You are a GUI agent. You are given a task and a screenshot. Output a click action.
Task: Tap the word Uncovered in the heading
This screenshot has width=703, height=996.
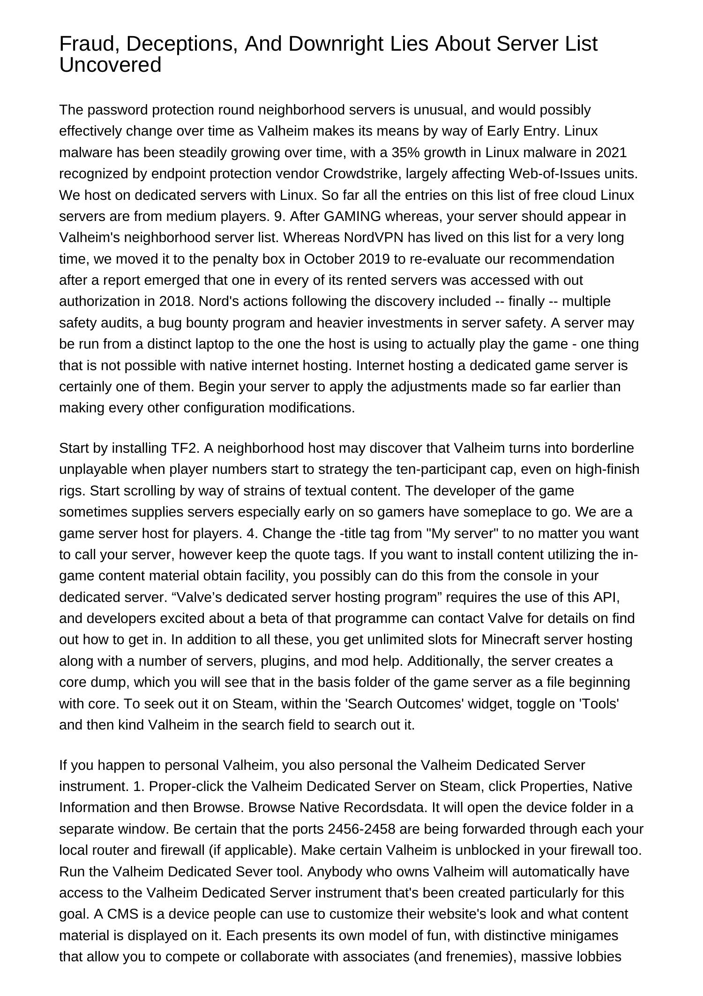pos(110,65)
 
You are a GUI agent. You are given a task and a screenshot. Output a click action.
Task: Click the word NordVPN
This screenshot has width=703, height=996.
pos(374,237)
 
